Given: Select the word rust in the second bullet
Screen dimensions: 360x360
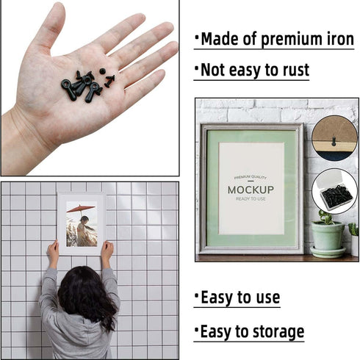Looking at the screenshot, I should (x=293, y=71).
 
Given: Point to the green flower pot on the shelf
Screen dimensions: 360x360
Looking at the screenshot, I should (x=328, y=236).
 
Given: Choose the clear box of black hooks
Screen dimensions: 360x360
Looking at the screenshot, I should (x=335, y=192).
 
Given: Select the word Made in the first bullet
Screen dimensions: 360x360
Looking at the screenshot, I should (x=218, y=39).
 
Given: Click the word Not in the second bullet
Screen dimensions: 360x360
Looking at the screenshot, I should (x=214, y=71).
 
